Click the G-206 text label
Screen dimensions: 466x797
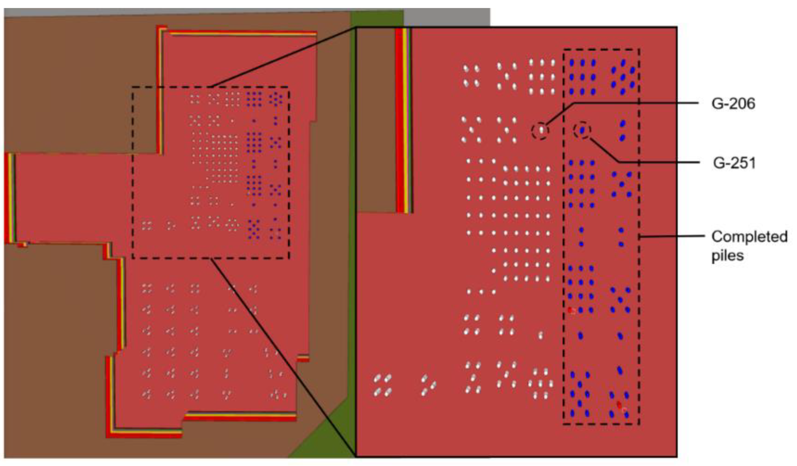[733, 104]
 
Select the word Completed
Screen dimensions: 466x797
[749, 237]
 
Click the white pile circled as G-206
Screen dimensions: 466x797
[541, 130]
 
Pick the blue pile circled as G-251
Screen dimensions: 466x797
[582, 130]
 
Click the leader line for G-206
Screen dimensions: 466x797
[633, 103]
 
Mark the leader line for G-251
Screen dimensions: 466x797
[658, 162]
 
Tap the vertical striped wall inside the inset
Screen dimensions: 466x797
[403, 120]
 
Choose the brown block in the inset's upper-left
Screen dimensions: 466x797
[376, 120]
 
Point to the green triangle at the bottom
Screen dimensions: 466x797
[319, 443]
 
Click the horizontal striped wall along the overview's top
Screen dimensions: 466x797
[240, 33]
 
